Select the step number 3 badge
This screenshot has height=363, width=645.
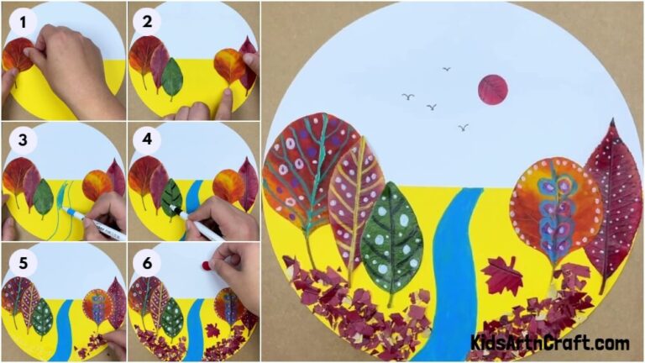tap(23, 139)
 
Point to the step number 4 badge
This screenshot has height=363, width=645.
tap(149, 139)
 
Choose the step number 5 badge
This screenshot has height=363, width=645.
tap(23, 262)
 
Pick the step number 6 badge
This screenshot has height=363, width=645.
tap(149, 262)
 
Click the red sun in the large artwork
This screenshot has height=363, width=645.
tap(492, 90)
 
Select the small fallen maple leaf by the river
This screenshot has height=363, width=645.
tap(501, 275)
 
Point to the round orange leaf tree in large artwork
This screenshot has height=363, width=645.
tap(555, 210)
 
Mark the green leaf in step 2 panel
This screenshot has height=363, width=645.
tap(172, 78)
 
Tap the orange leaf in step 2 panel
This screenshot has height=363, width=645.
tap(229, 66)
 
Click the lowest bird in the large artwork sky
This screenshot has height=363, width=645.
tap(463, 128)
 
